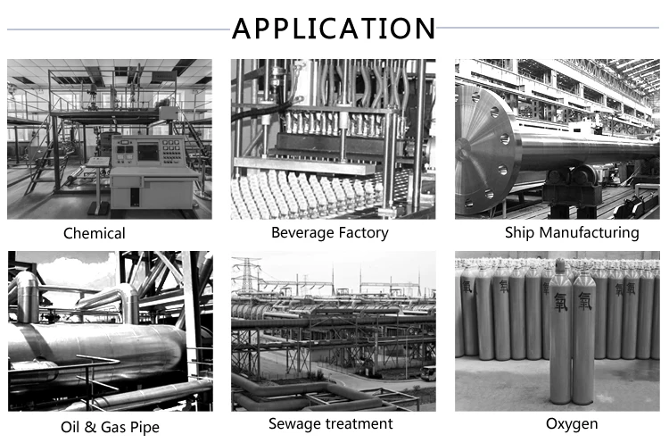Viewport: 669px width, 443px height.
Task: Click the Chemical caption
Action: click(95, 234)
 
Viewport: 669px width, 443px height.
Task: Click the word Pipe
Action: click(144, 427)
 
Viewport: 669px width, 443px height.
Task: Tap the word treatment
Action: click(360, 423)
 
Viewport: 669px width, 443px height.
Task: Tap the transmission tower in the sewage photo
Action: click(246, 279)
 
